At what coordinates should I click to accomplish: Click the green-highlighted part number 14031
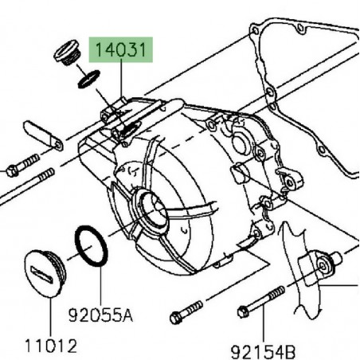pos(122,53)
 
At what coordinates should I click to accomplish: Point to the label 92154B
pos(264,349)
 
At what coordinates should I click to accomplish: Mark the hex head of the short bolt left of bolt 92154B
pos(175,318)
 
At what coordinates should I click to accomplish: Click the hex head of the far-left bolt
pos(12,170)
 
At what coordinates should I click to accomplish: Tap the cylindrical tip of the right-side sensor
pos(338,256)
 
